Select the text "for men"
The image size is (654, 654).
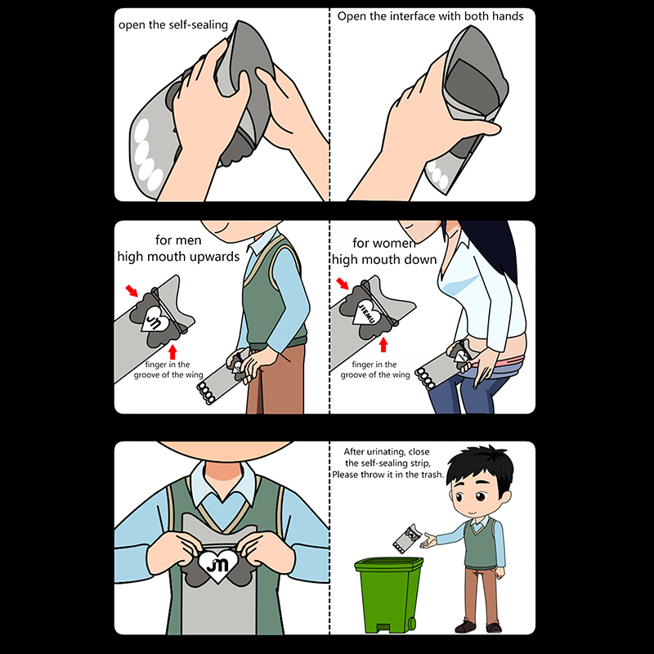[x=178, y=240]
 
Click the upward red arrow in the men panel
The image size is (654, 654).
[x=172, y=352]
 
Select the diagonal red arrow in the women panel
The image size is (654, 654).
[x=343, y=283]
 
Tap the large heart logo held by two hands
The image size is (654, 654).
[x=217, y=564]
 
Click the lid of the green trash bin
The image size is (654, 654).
[x=389, y=565]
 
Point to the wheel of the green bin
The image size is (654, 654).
[x=412, y=624]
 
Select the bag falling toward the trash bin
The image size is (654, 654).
[x=405, y=538]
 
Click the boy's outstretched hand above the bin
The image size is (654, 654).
[x=429, y=541]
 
